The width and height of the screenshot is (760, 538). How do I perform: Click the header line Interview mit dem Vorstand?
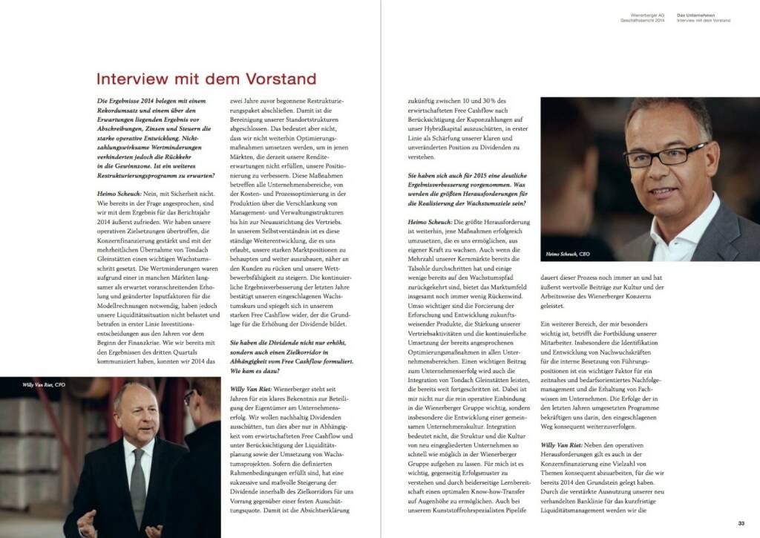[703, 20]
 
